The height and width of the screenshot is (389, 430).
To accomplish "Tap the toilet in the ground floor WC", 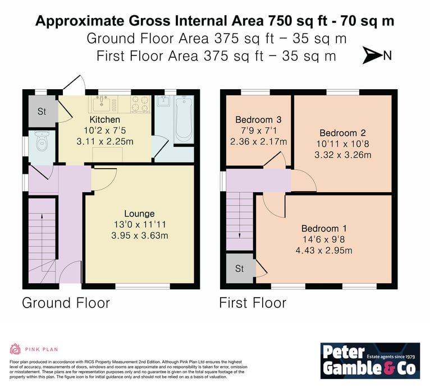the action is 42,141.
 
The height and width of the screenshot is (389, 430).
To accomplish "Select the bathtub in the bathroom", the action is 184,121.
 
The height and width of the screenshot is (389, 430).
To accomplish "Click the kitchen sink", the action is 102,104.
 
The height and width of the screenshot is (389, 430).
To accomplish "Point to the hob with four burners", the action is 140,104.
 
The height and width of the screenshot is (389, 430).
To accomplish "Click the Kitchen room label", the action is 105,119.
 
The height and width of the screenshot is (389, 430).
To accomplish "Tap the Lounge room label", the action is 139,214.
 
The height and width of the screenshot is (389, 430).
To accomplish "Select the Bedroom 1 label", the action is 324,228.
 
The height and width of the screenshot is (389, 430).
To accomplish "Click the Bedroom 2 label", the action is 342,133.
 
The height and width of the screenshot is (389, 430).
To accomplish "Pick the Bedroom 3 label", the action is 258,119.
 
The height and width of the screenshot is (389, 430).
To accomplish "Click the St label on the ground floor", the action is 42,112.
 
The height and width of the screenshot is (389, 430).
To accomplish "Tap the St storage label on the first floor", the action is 239,268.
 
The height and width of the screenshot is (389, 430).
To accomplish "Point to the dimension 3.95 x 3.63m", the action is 140,235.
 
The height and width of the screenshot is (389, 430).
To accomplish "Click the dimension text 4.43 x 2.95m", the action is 324,250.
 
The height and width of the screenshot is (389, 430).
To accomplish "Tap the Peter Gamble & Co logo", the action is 370,361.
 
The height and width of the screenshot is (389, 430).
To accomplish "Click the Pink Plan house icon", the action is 15,349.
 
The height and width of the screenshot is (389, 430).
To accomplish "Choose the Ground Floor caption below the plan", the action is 66,303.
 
